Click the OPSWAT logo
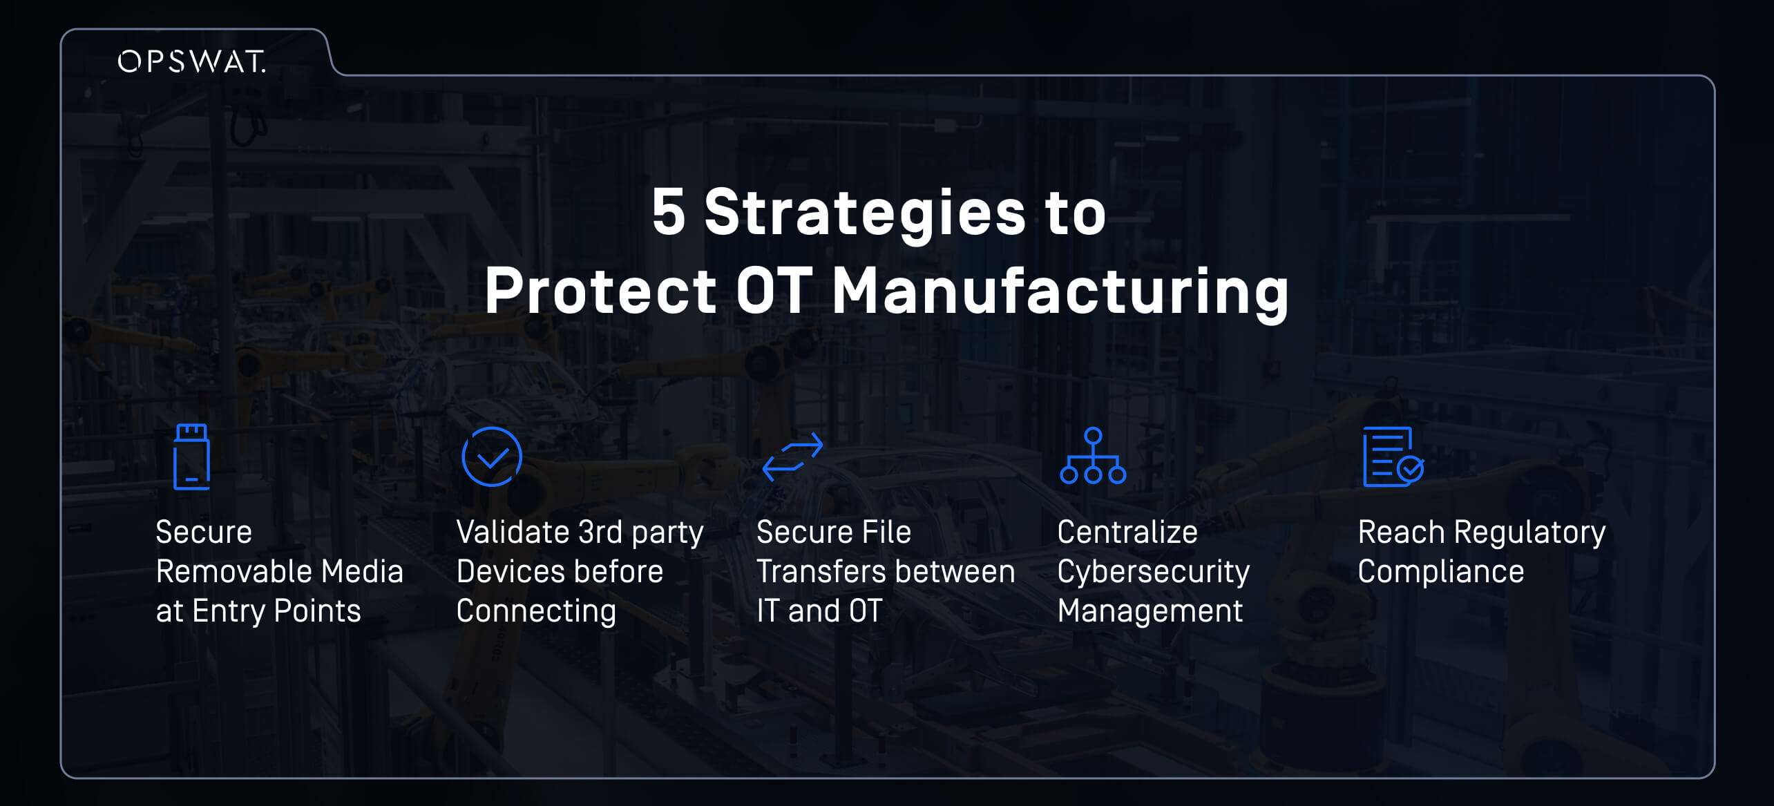coord(191,61)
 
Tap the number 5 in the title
coord(668,212)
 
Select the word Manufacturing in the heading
coord(1060,292)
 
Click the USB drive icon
coord(191,457)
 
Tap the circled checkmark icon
coord(491,457)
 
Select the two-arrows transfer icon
coord(792,457)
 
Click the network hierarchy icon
coord(1093,456)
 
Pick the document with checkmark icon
coord(1393,457)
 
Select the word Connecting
coord(536,612)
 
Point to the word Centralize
coord(1127,532)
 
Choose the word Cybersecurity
coord(1154,573)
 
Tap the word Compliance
coord(1441,573)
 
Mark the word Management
coord(1150,612)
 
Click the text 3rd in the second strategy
coord(600,532)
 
